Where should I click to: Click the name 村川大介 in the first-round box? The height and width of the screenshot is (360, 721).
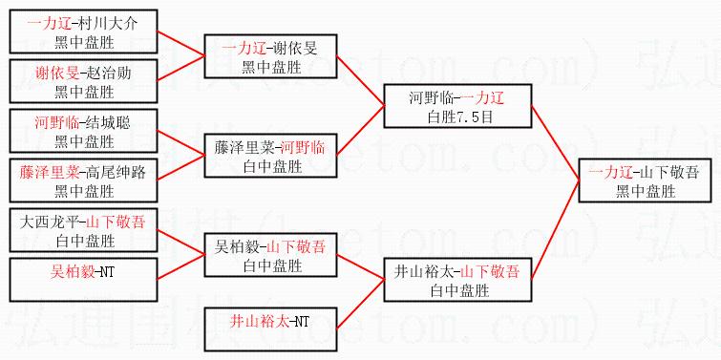coord(108,24)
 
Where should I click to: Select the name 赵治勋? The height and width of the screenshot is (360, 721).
coord(109,74)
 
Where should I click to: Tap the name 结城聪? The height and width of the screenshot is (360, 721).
coord(109,123)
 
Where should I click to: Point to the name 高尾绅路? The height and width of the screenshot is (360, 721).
coord(116,172)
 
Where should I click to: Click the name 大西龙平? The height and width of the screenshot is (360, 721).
coord(50,222)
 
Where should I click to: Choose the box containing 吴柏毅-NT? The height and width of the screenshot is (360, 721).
coord(83,280)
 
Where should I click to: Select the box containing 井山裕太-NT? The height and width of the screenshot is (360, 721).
coord(270,329)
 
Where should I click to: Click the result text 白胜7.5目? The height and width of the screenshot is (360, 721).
coord(460,116)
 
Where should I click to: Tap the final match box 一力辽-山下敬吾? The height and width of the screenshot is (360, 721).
coord(646,180)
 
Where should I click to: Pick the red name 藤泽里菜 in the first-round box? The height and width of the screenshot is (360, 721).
coord(49,172)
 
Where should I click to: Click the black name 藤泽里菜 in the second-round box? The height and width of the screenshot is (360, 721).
coord(244,148)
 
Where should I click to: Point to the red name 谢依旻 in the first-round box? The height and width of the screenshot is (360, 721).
coord(57,74)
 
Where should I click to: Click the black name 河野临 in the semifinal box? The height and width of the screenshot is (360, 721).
coord(431,98)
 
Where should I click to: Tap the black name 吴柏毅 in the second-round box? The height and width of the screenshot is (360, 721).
coord(236,247)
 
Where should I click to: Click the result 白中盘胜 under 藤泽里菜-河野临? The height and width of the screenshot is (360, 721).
coord(273,166)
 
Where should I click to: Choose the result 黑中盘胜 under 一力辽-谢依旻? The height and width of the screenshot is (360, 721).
coord(272,67)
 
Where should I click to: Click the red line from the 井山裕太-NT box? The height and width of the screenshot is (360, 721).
coord(361,304)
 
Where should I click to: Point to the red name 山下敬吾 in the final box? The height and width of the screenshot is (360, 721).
coord(671,173)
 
